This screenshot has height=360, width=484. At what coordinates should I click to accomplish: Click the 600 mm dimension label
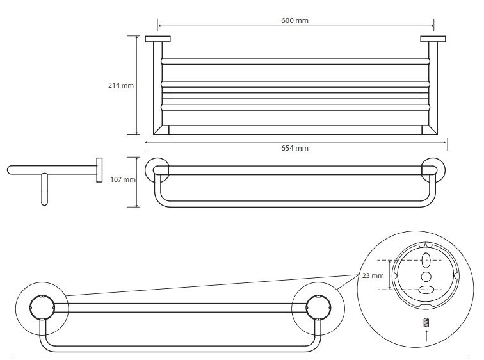(x=295, y=20)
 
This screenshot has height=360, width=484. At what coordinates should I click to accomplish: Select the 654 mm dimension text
(x=295, y=148)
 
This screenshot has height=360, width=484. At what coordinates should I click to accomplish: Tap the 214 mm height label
(x=121, y=86)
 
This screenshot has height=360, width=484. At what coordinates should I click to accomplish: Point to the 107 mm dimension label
(x=123, y=180)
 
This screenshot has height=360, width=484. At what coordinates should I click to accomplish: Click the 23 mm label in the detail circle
(x=373, y=276)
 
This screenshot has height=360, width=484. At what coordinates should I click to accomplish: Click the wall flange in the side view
(x=99, y=170)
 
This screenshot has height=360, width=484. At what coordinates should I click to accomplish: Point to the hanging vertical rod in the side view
(x=44, y=190)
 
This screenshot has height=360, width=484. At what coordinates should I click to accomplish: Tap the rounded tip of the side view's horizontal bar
(x=10, y=170)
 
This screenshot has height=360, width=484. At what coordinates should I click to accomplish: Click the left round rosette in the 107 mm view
(x=157, y=170)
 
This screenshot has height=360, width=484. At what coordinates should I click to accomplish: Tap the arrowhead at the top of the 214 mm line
(x=136, y=37)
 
